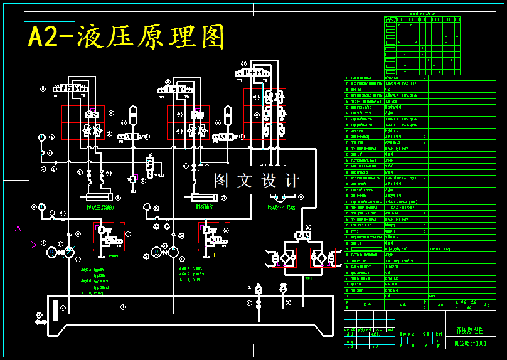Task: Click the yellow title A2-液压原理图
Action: (125, 37)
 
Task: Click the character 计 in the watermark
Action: (292, 181)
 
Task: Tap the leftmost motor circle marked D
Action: (51, 252)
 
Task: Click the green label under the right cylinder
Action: (205, 207)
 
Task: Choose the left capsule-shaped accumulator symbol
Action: (132, 116)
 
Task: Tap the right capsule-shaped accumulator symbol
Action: (228, 116)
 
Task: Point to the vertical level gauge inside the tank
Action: (55, 309)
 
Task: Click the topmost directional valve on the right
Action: (253, 73)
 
